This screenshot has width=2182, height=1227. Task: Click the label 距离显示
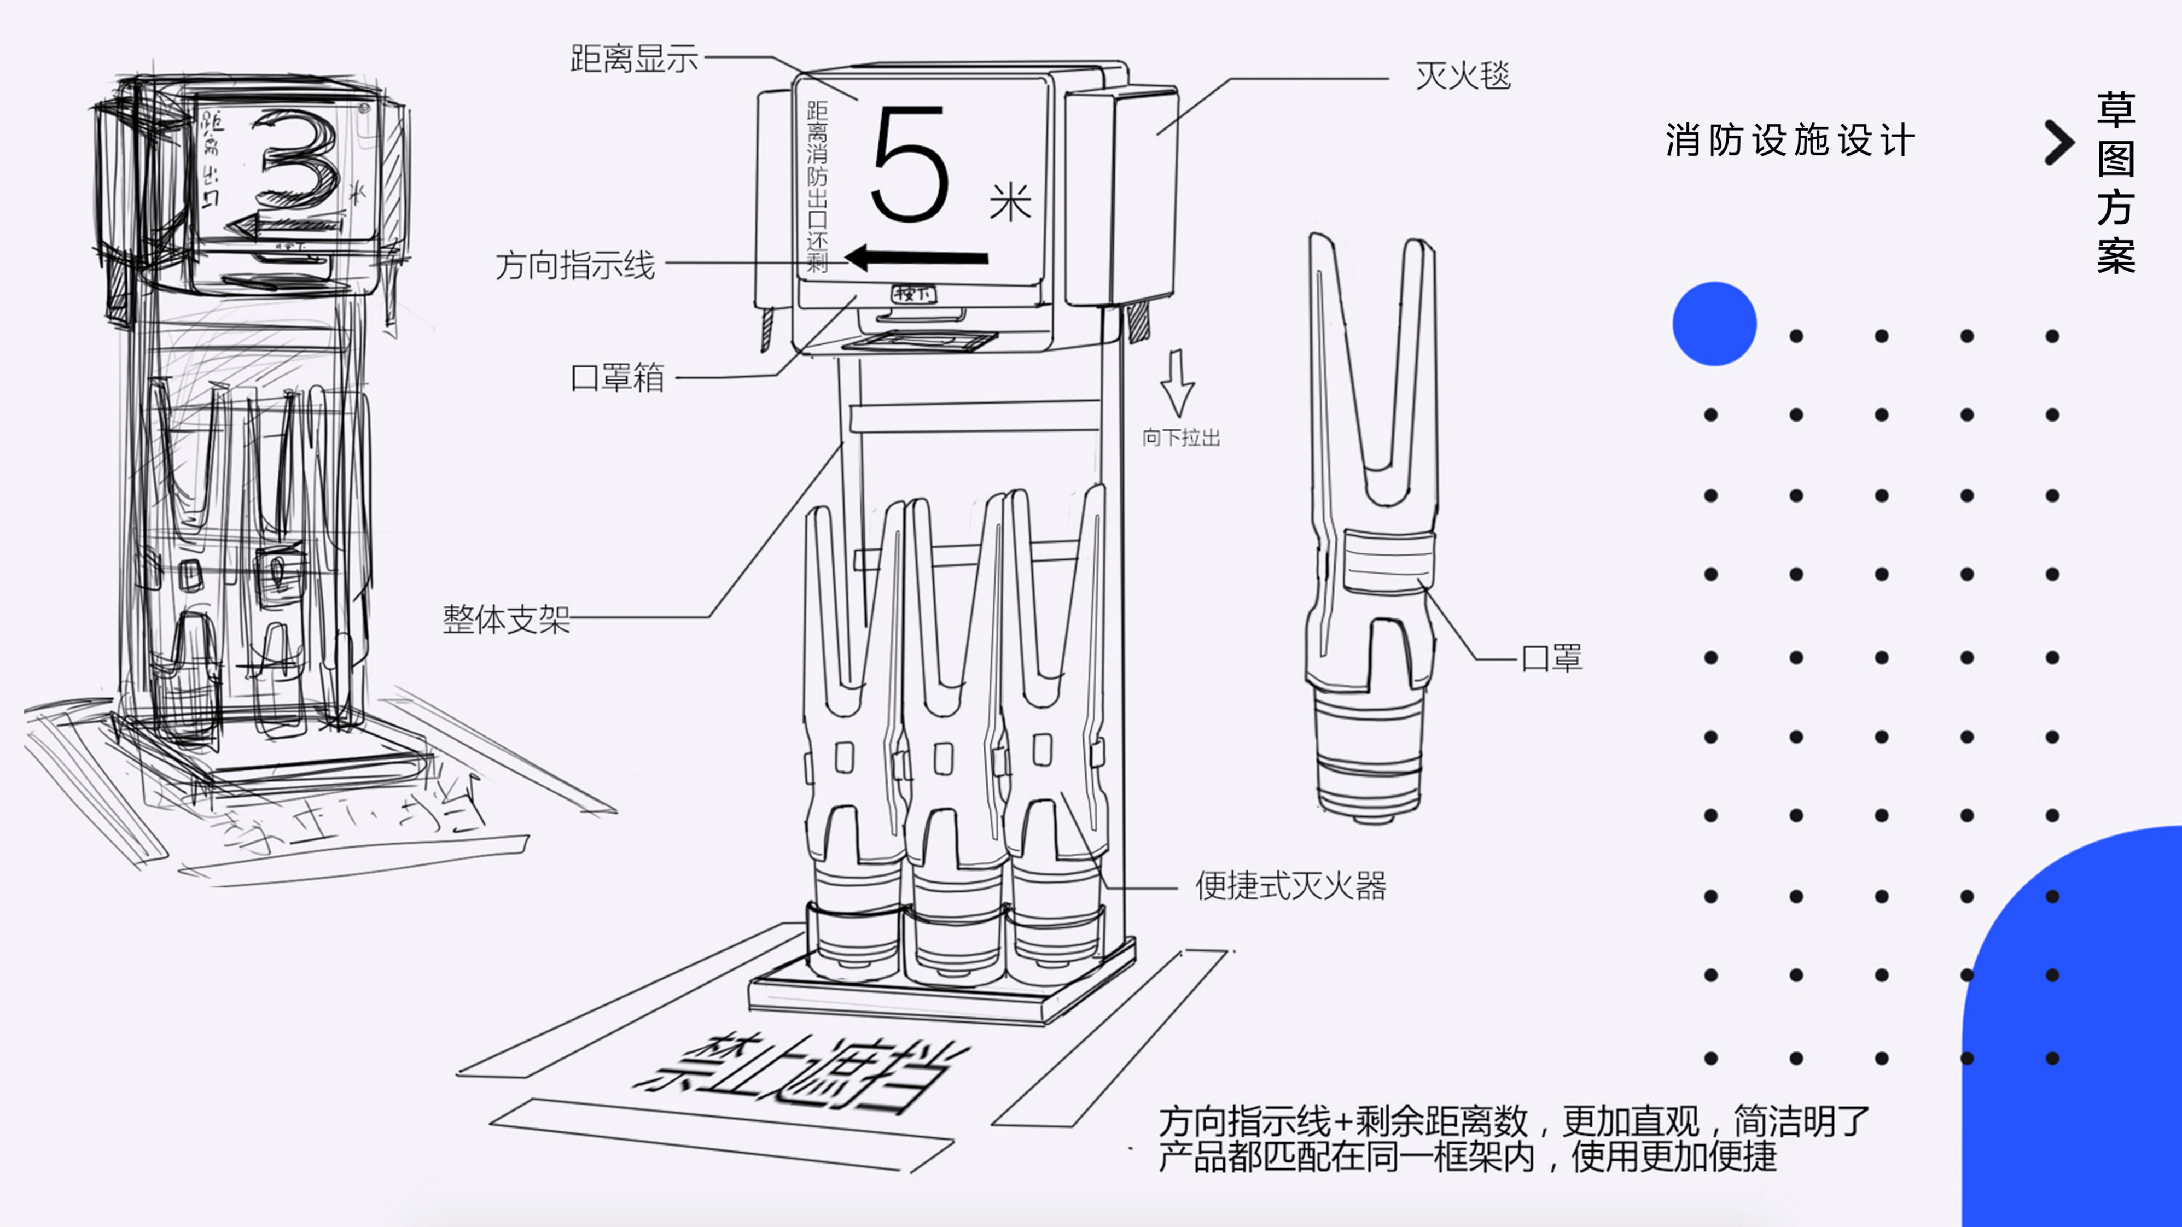coord(633,59)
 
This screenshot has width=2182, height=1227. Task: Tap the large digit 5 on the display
coord(909,165)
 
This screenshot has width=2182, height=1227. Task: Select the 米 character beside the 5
coord(1010,203)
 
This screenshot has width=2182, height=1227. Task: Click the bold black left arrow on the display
coord(917,256)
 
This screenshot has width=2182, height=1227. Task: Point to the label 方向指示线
coord(574,266)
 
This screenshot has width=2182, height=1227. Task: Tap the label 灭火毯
coord(1463,76)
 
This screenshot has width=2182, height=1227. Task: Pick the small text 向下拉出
coord(1181,438)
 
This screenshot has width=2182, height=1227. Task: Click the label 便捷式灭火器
coord(1290,886)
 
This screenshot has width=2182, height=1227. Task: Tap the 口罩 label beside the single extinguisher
coord(1551,658)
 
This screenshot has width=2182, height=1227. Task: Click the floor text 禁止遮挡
coord(800,1071)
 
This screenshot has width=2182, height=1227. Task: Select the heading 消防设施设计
coord(1789,141)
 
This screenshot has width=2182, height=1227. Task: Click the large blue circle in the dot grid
coord(1714,324)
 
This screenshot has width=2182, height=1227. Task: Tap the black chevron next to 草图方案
coord(2058,142)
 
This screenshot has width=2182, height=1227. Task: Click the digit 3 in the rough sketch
coord(298,161)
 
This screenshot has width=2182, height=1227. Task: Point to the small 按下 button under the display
coord(913,294)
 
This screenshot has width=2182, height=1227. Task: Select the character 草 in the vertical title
coord(2115,110)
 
